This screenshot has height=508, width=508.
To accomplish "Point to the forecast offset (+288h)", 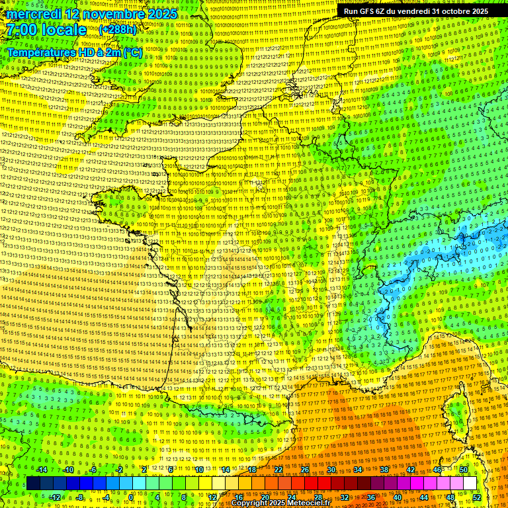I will pos(118,30).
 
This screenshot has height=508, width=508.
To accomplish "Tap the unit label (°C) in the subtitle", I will pos(132,52).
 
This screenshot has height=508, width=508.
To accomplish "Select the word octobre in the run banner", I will pos(452,11).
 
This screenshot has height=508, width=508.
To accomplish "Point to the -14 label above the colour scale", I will pos(41,470).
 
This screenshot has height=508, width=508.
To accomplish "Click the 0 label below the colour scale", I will pos(131,497).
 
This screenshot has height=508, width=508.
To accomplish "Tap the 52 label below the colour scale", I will pos(476,497).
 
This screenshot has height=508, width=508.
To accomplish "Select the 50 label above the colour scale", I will pos(463,470).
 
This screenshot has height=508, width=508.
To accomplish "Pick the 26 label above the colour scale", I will pos(305,470).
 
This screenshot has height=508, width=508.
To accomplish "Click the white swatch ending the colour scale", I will pos(470,484).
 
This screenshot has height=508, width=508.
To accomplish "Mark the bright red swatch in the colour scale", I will pos(311,484).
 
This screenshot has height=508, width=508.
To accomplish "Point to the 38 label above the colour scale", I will pos(384,470).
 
